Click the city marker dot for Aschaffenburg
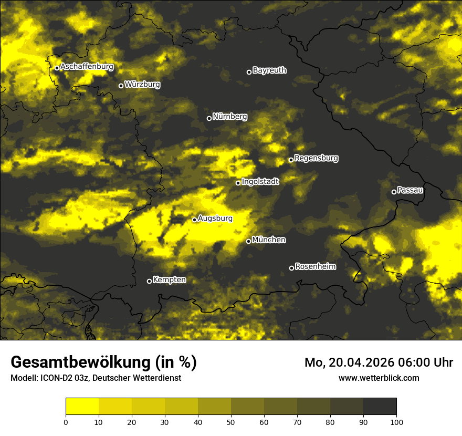pos(57,68)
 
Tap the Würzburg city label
pos(142,85)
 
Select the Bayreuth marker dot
pos(249,72)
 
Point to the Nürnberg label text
pos(230,117)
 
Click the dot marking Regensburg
pos(291,160)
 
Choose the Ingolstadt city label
pos(260,181)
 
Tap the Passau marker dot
pos(394,192)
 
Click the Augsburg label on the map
pos(215,218)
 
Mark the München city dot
pos(248,241)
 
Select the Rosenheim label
pos(316,266)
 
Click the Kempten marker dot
pos(149,281)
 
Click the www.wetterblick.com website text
pos(379,378)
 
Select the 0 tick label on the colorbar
pos(66,422)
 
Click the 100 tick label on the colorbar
pos(396,422)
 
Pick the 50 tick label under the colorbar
pos(231,422)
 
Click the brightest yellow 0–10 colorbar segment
pos(82,407)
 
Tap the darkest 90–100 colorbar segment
pos(380,407)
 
